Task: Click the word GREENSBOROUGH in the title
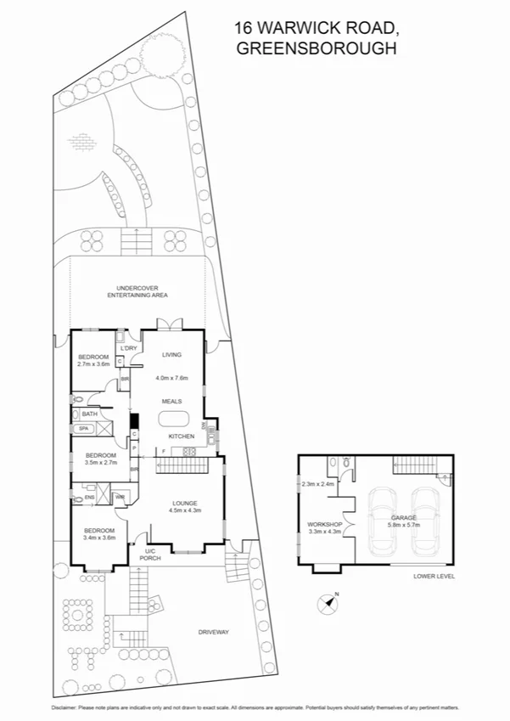pos(317,49)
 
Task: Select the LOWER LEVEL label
pos(433,576)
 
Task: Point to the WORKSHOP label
pos(323,525)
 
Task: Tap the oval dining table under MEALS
pos(174,418)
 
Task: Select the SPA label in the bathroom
pos(83,429)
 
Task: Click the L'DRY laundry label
pos(129,348)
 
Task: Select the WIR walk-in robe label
pos(120,497)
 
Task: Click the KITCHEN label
pos(181,437)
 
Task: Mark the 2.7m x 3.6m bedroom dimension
pos(94,364)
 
